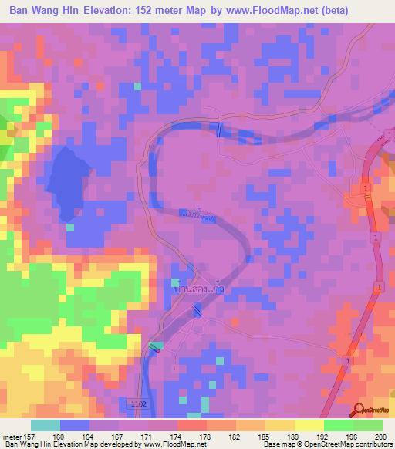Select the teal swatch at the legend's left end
[46, 425]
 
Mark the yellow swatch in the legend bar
[309, 425]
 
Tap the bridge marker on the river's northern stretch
[221, 130]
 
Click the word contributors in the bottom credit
[376, 445]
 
